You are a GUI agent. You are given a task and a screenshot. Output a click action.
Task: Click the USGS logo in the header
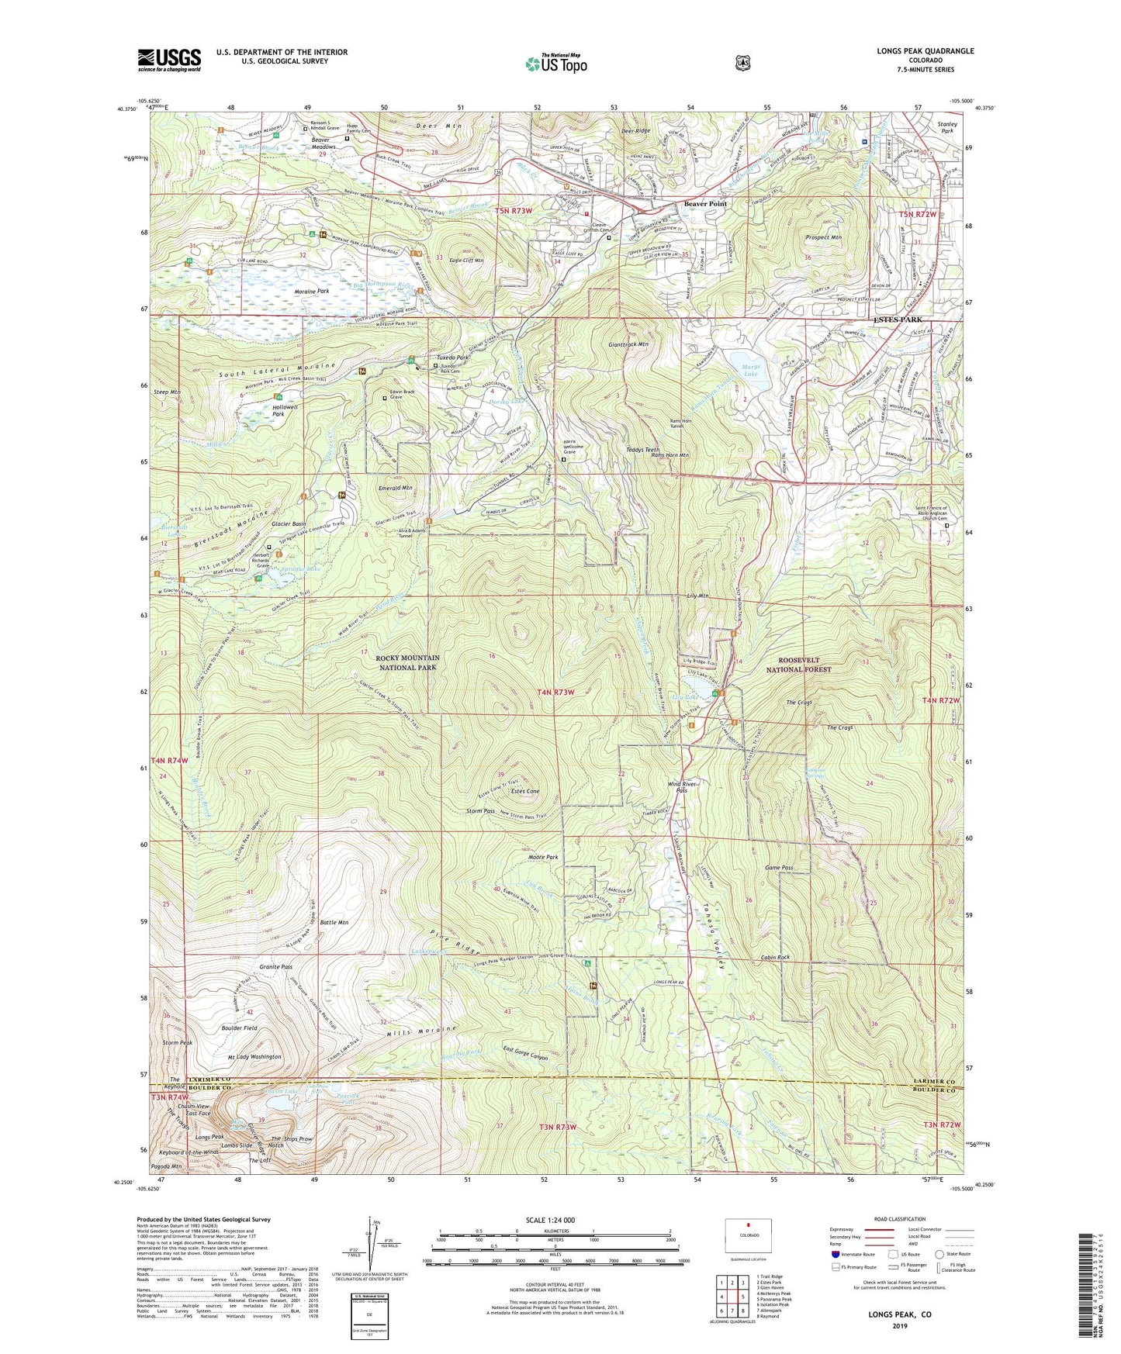click(169, 60)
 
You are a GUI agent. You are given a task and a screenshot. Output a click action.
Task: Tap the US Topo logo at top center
click(555, 64)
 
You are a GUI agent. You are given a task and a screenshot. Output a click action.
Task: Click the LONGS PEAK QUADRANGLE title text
click(925, 51)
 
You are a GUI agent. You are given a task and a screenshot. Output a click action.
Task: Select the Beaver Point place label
click(704, 204)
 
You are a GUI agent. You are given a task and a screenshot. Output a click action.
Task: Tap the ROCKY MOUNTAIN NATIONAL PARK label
click(407, 662)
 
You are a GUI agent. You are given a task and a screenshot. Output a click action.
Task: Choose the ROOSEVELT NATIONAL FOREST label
click(798, 665)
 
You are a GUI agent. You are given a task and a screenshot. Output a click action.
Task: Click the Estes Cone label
click(525, 791)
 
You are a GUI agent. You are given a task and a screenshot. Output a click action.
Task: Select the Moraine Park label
click(312, 292)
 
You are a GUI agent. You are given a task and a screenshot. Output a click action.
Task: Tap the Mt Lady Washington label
click(254, 1057)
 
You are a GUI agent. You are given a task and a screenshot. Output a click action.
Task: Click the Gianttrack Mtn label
click(628, 344)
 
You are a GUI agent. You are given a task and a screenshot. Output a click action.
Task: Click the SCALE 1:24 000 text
click(550, 1220)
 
